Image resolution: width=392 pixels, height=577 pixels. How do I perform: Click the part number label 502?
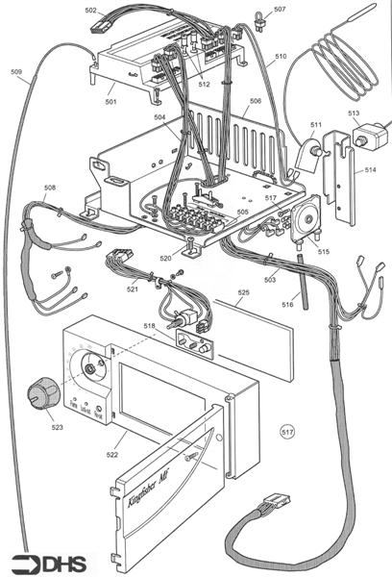click(90, 10)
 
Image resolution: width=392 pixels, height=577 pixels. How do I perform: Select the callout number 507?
click(280, 10)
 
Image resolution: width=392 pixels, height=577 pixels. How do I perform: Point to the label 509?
click(16, 72)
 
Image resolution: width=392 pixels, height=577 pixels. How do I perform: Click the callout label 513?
click(354, 113)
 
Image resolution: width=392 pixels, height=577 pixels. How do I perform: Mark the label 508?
click(49, 188)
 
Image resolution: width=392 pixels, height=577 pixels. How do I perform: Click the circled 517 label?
click(287, 434)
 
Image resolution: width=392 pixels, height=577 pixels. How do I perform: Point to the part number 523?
click(58, 428)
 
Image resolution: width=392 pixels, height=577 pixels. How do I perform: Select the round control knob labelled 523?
click(40, 394)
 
